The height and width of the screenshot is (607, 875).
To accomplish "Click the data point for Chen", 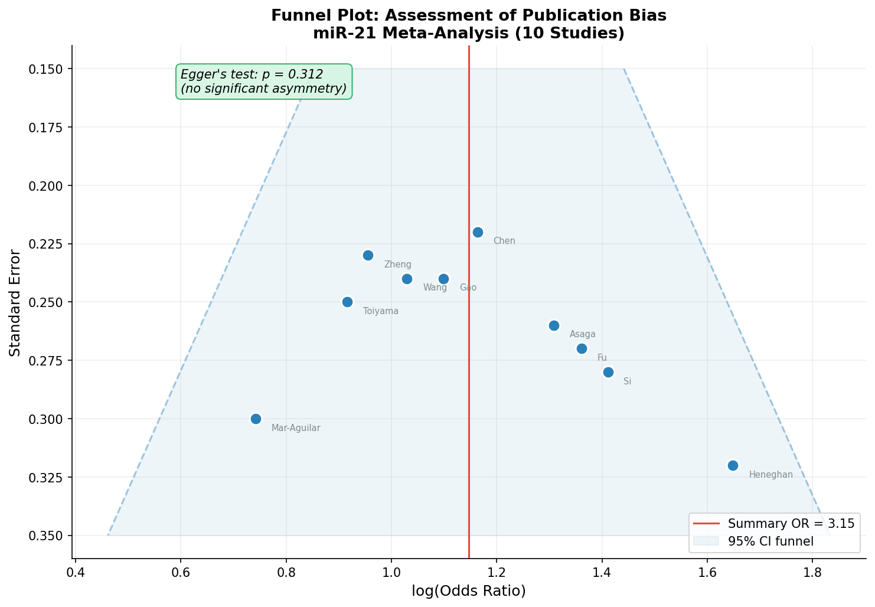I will tap(478, 232).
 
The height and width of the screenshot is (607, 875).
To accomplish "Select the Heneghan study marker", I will tap(733, 465).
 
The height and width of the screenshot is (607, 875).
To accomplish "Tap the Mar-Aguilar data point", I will tap(256, 419).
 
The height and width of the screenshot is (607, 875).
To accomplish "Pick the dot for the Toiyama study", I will tap(347, 302).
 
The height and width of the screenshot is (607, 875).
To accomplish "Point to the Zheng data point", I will tap(368, 255).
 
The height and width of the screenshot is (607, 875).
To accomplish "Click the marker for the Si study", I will tap(608, 372).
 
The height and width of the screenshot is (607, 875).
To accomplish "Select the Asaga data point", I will tap(554, 325).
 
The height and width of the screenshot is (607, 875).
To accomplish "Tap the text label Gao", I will tap(468, 288).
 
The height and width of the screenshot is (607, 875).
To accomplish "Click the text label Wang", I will tap(435, 288).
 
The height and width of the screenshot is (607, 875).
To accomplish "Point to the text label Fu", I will tap(602, 358).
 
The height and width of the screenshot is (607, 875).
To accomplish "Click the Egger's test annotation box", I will tap(264, 81).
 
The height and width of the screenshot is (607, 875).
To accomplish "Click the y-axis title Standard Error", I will tap(15, 302).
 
